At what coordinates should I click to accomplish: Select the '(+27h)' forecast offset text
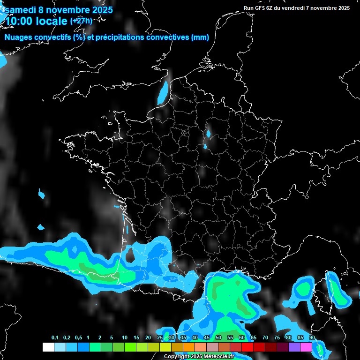pos(81,21)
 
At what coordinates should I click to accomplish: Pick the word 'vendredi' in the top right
pos(292,8)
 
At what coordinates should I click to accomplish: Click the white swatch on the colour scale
pos(48,347)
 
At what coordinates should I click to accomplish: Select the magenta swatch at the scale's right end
pos(306,347)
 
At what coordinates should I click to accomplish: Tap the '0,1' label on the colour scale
pos(55,338)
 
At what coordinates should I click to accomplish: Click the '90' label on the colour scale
pos(312,338)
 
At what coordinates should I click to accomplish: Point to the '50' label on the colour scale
pos(218,338)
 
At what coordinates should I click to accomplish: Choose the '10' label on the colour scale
pos(125,338)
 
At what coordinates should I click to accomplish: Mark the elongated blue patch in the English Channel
pos(163,92)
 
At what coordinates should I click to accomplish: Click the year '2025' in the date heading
pos(99,10)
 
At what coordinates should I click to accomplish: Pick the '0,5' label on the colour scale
pos(78,338)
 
